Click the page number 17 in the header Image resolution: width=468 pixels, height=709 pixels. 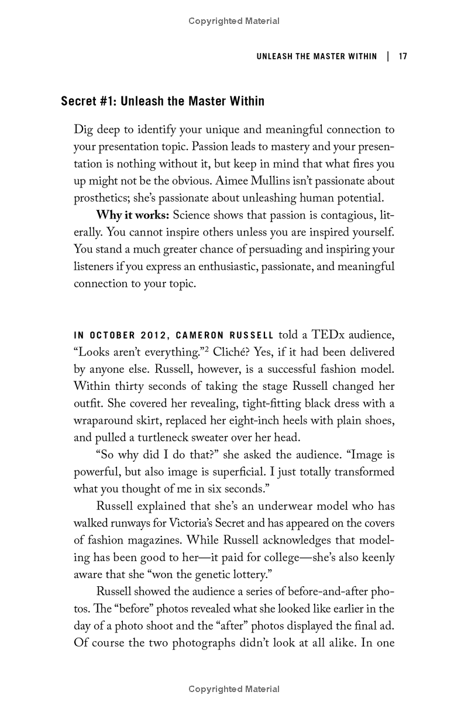402,57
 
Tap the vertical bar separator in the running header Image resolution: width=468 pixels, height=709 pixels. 388,57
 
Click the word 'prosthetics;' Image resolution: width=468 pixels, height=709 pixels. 101,198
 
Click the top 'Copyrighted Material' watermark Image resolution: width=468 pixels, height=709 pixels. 234,21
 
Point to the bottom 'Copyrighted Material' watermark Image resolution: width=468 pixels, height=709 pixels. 234,689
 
